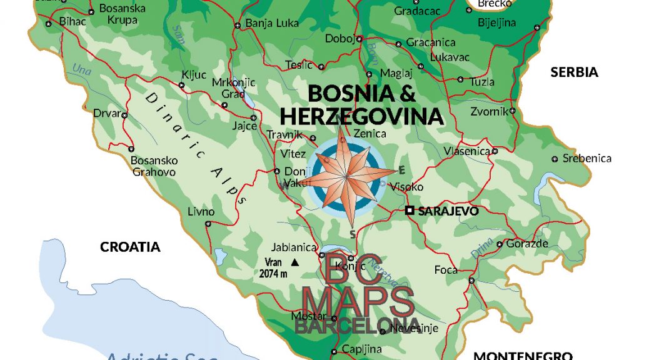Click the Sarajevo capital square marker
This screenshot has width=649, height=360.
(410, 211)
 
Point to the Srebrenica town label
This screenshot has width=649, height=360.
(586, 158)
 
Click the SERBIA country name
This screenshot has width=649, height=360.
(574, 72)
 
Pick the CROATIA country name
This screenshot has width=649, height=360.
(130, 247)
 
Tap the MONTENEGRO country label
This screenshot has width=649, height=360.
(523, 355)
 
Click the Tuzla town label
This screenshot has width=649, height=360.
(482, 81)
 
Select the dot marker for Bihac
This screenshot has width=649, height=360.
(49, 24)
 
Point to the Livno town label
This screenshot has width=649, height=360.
(201, 211)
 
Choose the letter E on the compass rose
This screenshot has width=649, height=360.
(402, 170)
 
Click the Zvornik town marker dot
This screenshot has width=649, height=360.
(512, 111)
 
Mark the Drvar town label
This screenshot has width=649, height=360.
(105, 114)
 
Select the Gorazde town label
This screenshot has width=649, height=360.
(526, 243)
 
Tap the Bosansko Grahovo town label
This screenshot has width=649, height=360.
(153, 166)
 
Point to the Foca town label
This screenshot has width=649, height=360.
(446, 270)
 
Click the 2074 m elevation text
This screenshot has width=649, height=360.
(273, 273)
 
